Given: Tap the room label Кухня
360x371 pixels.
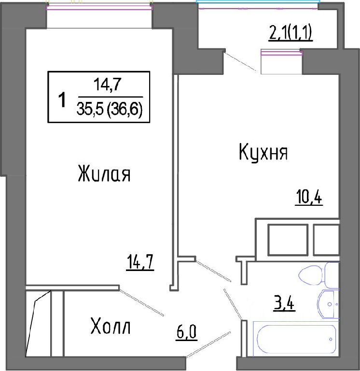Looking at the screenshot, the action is tap(263, 152).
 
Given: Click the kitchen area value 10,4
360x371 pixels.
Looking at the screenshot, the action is tap(309, 198).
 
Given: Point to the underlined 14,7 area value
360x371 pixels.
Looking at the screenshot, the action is tap(140, 262).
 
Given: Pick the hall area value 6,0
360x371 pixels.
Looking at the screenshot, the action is tap(186, 332).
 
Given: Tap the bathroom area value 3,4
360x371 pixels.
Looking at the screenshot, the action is tap(284, 303).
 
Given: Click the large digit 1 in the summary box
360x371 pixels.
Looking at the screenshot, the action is tap(62, 100).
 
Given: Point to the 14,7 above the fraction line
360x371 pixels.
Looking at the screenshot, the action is tap(108, 85).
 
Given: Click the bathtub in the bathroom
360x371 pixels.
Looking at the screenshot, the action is tap(296, 340).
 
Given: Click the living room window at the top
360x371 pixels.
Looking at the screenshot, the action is tap(99, 8).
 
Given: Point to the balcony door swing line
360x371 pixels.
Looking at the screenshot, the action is tap(240, 61).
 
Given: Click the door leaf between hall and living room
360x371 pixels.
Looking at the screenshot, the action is tap(141, 301).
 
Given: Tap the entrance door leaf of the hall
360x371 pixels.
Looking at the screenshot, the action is tap(208, 344).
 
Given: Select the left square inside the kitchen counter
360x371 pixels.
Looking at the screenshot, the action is tap(288, 240).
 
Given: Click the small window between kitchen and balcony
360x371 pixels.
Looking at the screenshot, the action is tap(281, 53).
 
